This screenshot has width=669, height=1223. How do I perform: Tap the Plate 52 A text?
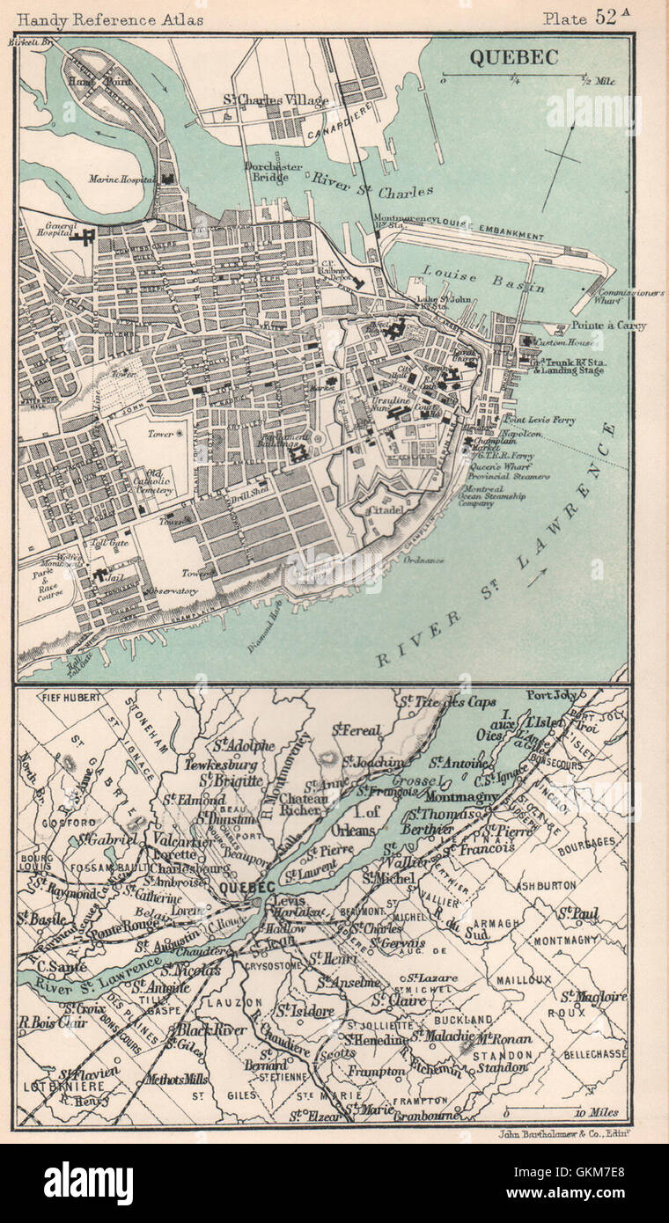(587, 17)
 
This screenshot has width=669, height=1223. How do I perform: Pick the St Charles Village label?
(275, 101)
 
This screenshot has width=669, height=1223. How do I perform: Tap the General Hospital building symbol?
(85, 238)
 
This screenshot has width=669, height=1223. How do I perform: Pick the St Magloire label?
(595, 996)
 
